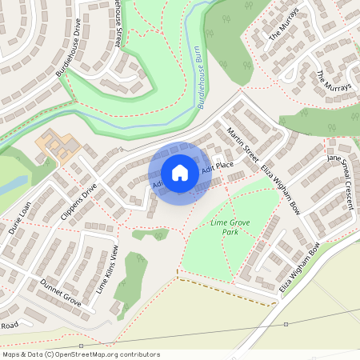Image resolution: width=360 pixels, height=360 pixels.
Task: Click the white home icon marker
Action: point(180,173)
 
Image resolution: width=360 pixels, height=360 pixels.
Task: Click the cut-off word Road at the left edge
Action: point(9,326)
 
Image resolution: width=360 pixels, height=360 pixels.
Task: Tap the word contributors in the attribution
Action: point(137,354)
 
